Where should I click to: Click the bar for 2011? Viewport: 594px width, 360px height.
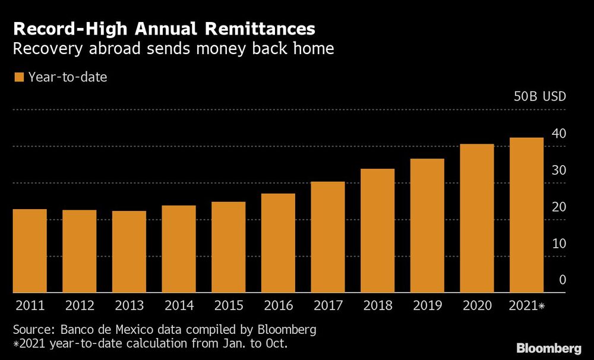(30, 251)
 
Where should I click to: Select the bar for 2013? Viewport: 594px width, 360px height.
(129, 252)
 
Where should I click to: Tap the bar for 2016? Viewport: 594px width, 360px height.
(278, 243)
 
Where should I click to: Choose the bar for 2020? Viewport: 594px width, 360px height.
(477, 218)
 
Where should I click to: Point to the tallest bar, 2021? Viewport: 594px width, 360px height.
(526, 215)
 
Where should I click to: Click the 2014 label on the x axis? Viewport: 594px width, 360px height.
(179, 306)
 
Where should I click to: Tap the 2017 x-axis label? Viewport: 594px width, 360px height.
(328, 306)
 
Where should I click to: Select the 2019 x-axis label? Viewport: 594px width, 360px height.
(427, 306)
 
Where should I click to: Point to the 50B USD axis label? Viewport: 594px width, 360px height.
(539, 97)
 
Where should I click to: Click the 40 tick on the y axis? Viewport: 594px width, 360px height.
(558, 134)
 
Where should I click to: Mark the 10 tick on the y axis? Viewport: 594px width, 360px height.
(558, 244)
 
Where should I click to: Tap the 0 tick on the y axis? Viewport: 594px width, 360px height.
(562, 280)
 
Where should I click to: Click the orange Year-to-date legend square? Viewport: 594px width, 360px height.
(19, 77)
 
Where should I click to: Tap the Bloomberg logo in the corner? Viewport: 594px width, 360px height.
(548, 348)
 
